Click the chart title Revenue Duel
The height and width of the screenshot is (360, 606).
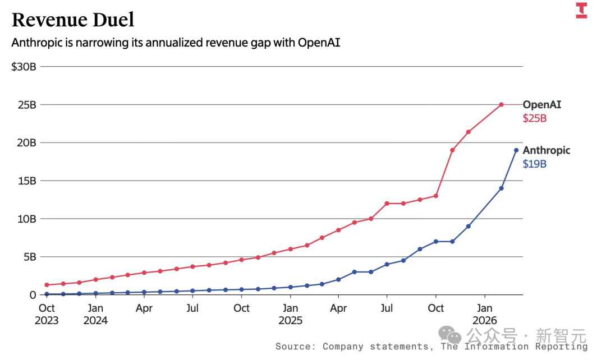point(73,20)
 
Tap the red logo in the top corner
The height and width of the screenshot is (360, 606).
point(581,11)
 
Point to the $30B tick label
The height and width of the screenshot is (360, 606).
point(24,67)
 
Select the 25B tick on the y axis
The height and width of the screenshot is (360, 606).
point(27,105)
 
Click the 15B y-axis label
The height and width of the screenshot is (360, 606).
point(27,181)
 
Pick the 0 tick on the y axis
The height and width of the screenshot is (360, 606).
point(33,295)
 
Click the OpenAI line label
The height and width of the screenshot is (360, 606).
point(542,105)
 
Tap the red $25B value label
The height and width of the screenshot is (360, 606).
point(535,118)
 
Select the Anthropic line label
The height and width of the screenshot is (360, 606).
point(547,150)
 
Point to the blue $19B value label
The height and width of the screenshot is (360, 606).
point(535,164)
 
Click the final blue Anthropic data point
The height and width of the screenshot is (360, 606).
point(516,150)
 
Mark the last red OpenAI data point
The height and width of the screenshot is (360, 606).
point(501,105)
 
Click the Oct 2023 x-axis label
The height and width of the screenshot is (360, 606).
point(47,314)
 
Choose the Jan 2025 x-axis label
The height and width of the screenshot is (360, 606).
point(290,314)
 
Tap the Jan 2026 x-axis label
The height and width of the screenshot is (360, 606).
point(485,314)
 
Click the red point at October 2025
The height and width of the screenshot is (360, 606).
point(436,196)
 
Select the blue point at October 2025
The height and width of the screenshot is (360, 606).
point(436,242)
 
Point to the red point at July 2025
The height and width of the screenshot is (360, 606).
point(387,204)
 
